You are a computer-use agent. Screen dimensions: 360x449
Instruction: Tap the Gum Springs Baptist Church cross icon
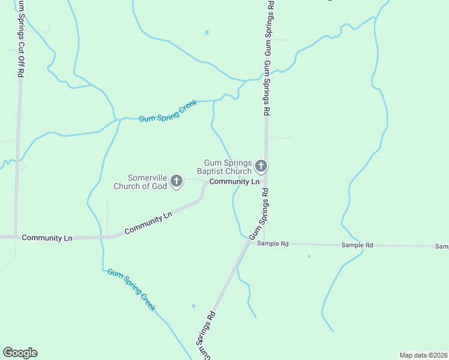261,165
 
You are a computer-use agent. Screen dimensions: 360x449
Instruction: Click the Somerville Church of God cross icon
176,180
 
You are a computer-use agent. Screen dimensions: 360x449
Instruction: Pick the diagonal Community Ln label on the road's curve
148,223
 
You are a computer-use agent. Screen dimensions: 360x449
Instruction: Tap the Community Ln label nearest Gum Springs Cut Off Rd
47,238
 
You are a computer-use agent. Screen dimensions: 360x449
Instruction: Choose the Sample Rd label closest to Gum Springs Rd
273,244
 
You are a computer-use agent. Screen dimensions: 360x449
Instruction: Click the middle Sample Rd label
357,245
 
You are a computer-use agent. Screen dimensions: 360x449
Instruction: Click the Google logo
20,353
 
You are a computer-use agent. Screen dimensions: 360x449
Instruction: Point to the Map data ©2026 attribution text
423,355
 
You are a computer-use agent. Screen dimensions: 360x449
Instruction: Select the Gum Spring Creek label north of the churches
168,111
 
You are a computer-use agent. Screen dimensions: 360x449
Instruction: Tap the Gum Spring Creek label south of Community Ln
131,290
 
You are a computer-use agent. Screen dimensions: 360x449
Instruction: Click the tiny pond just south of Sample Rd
309,256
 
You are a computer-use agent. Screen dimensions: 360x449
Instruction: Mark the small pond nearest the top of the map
207,32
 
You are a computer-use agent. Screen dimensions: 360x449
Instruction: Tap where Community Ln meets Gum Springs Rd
266,181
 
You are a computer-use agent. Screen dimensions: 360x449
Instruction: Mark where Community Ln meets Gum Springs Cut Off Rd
15,238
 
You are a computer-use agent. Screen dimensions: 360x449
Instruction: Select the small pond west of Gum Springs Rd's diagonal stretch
193,306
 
